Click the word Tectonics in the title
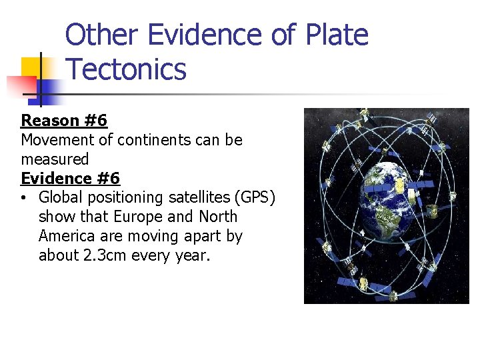tap(127, 69)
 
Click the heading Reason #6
tap(64, 121)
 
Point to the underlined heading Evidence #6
tap(71, 179)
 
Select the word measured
tap(55, 159)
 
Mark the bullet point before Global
tap(24, 198)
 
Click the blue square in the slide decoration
tap(51, 88)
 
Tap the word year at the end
tap(191, 255)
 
